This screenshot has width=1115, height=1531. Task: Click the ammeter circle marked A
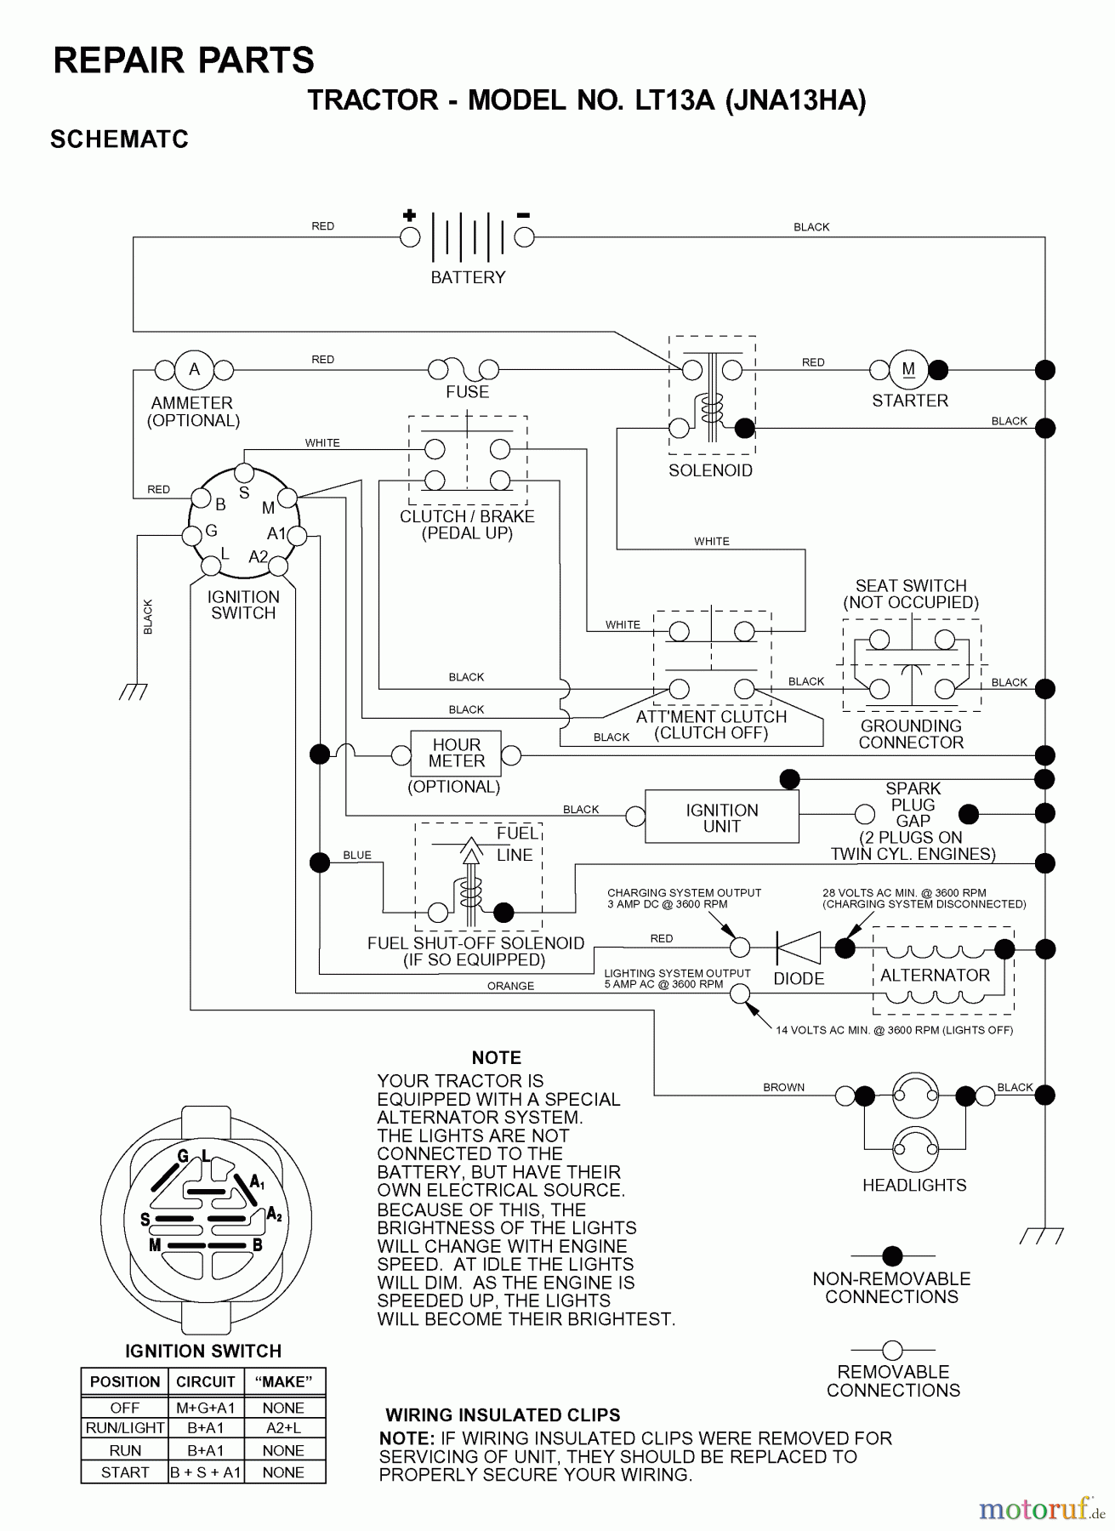click(x=194, y=370)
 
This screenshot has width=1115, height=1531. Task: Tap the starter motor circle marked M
click(x=908, y=370)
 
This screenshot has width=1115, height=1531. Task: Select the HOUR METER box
click(x=456, y=754)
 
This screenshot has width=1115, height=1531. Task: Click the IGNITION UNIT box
click(x=721, y=817)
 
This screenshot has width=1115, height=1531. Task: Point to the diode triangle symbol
click(x=799, y=948)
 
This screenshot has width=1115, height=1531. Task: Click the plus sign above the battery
click(x=409, y=215)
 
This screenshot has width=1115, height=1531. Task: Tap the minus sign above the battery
click(x=524, y=215)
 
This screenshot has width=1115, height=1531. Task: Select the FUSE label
click(x=467, y=392)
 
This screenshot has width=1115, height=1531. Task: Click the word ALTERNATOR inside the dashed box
click(x=935, y=976)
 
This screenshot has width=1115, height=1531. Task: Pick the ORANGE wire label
click(x=510, y=986)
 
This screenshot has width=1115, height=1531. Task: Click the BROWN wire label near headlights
click(x=783, y=1087)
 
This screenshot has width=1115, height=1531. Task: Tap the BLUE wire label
click(x=357, y=855)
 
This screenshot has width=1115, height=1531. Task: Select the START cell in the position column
click(x=125, y=1472)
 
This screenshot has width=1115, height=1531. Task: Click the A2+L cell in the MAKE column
click(x=283, y=1428)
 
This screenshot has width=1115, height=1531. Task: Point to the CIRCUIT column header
click(x=205, y=1381)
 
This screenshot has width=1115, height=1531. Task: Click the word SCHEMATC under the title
click(x=119, y=139)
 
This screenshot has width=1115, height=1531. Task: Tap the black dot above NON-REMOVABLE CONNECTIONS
click(x=892, y=1255)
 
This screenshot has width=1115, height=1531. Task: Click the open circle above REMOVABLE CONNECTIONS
click(x=892, y=1350)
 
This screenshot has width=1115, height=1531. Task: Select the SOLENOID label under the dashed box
click(x=710, y=470)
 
